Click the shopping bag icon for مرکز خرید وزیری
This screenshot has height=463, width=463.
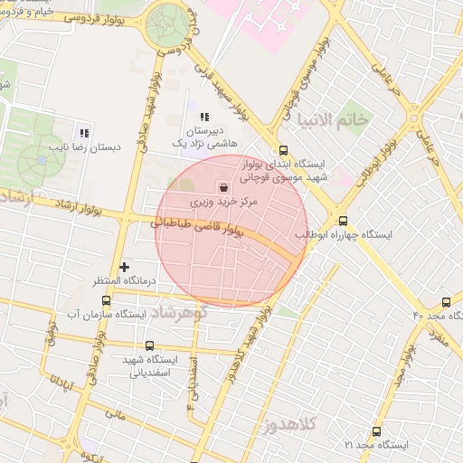coord(223,186)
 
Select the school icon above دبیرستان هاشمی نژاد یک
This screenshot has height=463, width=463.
coord(203,117)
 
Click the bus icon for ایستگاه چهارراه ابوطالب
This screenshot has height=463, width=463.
coord(343,220)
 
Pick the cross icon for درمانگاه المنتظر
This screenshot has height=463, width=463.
coord(125,267)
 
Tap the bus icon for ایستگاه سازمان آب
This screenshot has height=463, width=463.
coord(107,300)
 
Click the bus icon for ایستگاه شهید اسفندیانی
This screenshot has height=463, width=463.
coord(149,345)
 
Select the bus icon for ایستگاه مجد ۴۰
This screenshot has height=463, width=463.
coord(445,302)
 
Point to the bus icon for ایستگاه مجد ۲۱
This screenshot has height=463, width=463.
coord(375,432)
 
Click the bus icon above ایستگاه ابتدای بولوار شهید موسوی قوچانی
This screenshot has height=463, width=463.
coord(283,151)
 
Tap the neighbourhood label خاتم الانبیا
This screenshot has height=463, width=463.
coord(336,120)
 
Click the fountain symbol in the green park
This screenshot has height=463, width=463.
coord(42,161)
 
